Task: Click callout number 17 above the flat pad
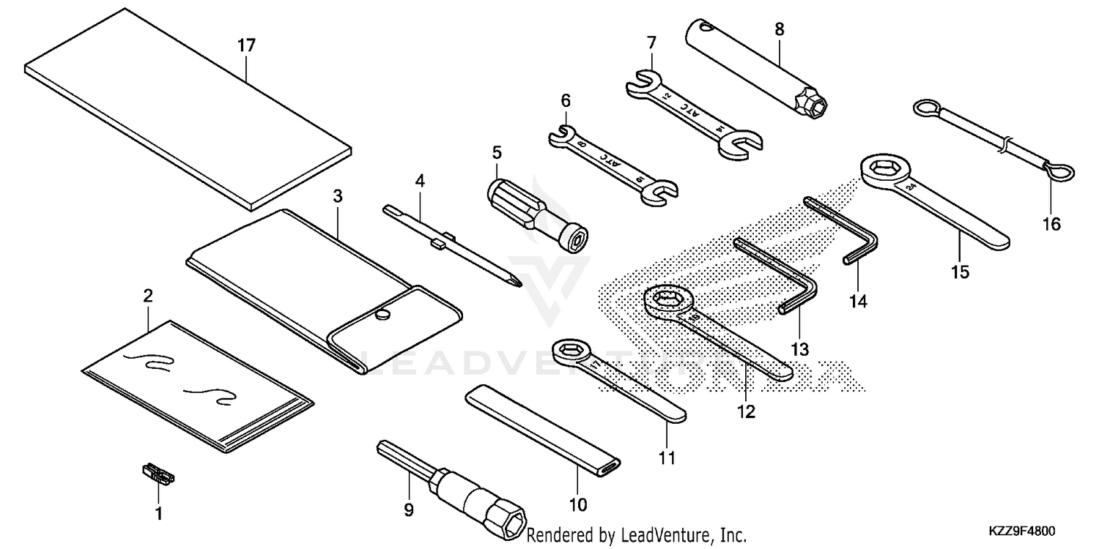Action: (246, 45)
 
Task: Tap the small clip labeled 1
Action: (158, 474)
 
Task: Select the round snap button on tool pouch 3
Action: (382, 315)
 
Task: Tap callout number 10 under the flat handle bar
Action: (578, 504)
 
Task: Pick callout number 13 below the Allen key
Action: (800, 349)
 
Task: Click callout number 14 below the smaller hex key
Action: (858, 300)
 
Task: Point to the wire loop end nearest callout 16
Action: (1059, 173)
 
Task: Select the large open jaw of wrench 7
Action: (741, 144)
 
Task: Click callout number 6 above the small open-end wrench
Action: (566, 100)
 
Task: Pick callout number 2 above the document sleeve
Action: (147, 296)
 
